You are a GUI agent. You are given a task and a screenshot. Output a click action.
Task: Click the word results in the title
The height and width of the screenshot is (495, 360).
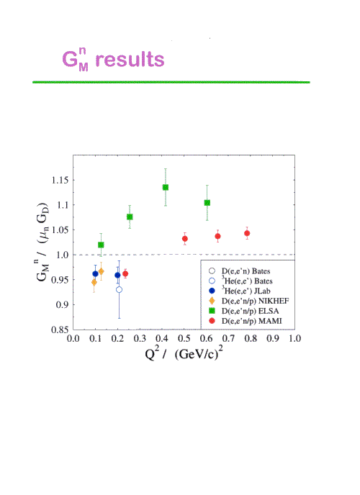[130, 59]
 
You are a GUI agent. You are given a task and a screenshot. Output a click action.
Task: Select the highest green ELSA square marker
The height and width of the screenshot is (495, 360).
[166, 187]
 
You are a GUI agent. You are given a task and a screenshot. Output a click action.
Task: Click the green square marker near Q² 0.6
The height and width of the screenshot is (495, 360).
[207, 203]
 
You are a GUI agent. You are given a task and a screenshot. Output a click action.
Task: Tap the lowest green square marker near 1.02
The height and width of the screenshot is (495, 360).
[101, 245]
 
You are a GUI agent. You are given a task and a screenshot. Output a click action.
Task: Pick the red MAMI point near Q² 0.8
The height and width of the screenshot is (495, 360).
[247, 233]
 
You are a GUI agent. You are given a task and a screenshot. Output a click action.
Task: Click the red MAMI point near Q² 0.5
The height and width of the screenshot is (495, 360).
[185, 239]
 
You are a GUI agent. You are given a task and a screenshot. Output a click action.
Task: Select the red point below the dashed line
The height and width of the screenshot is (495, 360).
[125, 273]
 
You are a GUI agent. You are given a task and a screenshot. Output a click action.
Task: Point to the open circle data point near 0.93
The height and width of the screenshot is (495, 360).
[119, 289]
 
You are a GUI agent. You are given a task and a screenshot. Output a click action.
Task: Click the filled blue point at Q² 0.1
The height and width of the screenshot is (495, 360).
[95, 273]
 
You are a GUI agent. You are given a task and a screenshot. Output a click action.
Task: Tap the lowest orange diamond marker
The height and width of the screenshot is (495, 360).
[94, 282]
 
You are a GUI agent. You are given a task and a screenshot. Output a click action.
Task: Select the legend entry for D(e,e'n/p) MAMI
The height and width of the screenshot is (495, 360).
[245, 321]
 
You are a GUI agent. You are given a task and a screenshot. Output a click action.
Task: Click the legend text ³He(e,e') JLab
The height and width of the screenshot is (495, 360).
[246, 291]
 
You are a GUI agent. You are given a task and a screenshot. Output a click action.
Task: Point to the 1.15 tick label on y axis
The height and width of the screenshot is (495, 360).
[60, 180]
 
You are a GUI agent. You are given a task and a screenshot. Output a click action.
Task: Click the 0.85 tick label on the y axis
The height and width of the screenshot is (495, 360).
[60, 330]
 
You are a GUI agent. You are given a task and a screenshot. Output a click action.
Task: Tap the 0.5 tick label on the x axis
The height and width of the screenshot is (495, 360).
[184, 338]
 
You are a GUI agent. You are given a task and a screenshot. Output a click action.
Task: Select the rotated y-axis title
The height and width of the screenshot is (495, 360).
[42, 242]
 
